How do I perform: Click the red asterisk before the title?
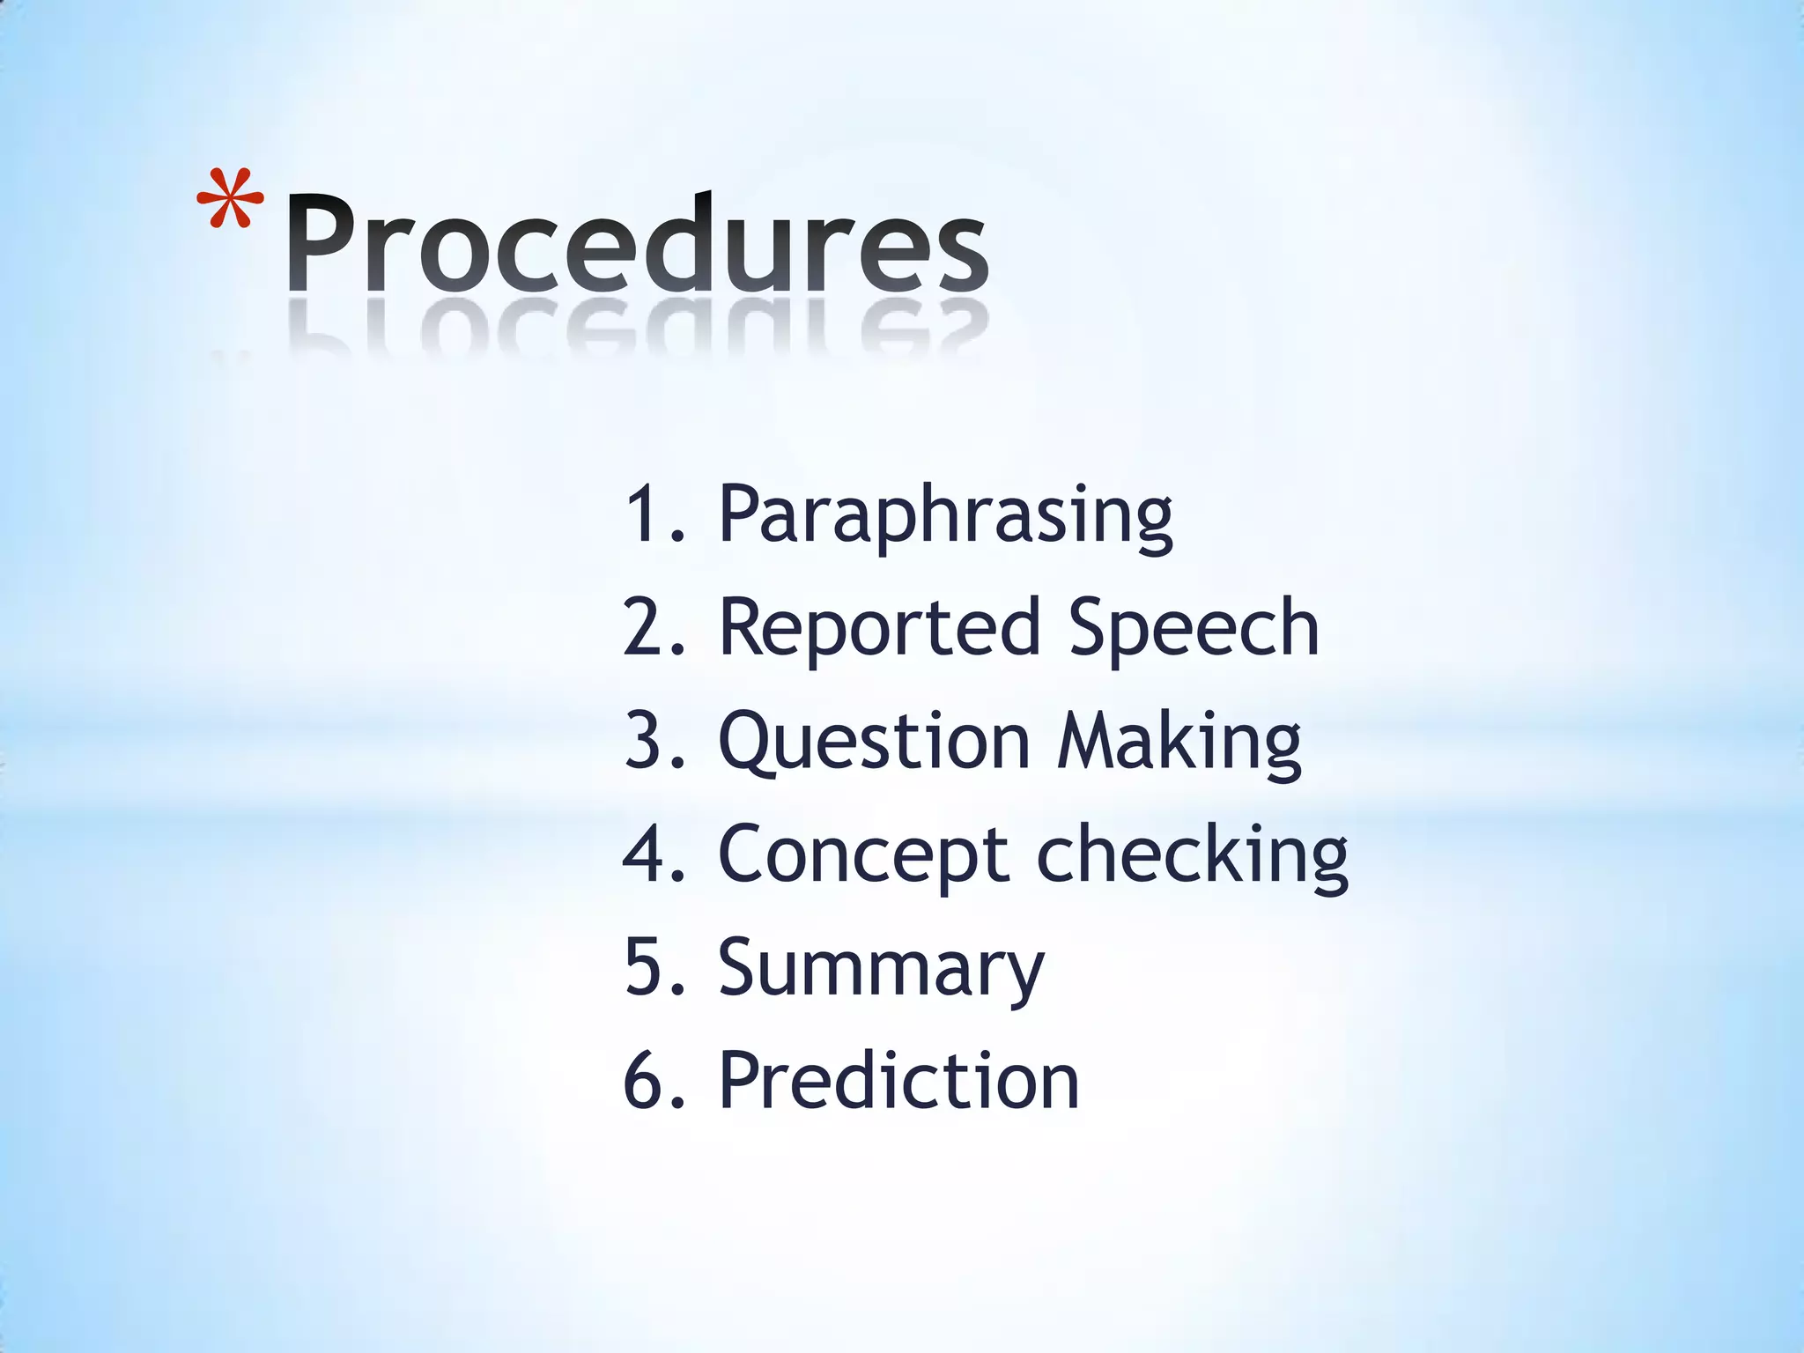(x=231, y=201)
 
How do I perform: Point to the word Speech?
(x=1194, y=627)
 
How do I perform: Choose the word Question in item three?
(x=874, y=742)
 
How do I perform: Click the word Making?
(x=1179, y=742)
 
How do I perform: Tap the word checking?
(x=1192, y=854)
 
